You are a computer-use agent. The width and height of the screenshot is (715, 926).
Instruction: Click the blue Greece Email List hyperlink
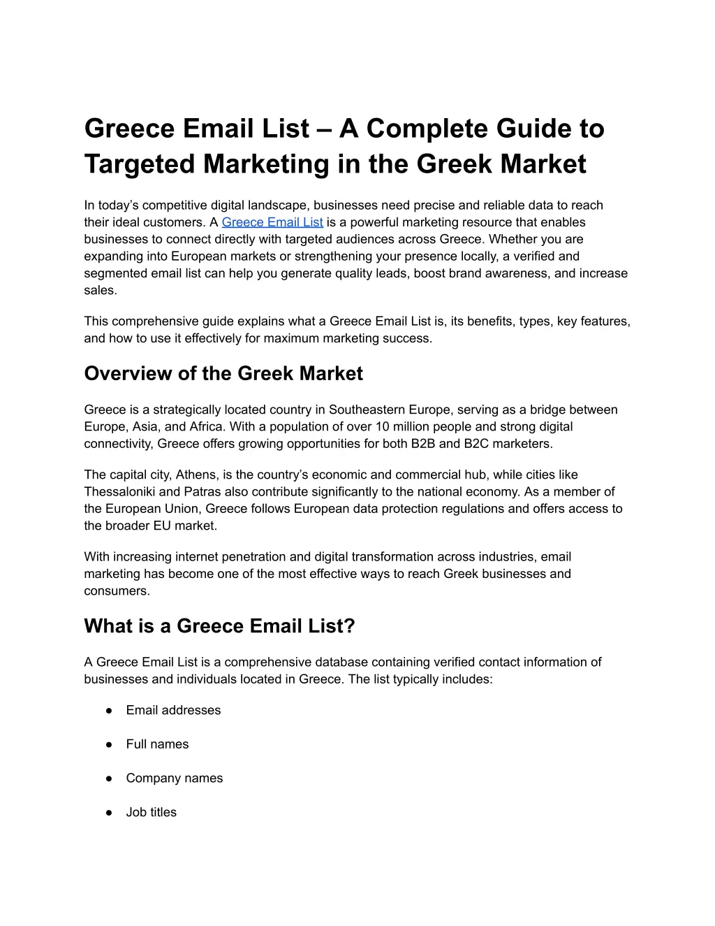tap(272, 222)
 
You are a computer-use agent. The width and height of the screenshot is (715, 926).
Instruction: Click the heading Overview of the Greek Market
tap(223, 373)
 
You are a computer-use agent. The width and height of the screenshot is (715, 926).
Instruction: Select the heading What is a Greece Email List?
tap(219, 625)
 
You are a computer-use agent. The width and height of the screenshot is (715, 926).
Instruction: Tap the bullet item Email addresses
tap(173, 710)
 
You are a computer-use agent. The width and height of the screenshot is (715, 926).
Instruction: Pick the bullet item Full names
tap(157, 744)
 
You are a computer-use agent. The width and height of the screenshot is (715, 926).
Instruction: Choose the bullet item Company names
tap(175, 778)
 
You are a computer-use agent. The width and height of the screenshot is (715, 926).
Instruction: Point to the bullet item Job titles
tap(152, 812)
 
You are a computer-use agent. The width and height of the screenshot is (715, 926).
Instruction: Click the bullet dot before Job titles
tap(110, 813)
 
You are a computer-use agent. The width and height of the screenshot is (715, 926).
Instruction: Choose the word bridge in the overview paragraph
tap(549, 410)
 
